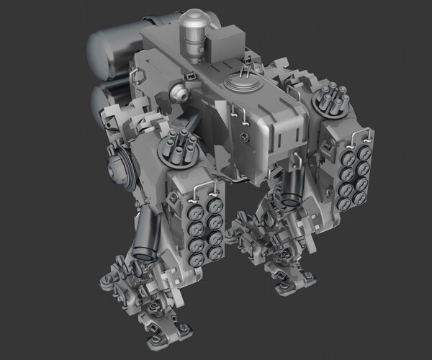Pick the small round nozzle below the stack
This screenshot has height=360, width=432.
tap(179, 92)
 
